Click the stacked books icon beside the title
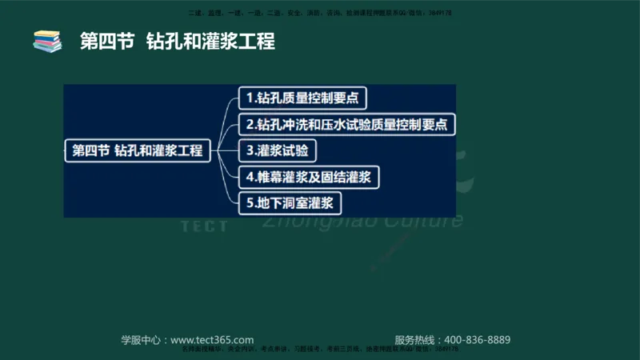point(47,41)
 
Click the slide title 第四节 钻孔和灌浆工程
point(177,42)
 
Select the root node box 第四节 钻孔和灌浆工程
point(137,150)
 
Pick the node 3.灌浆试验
point(278,150)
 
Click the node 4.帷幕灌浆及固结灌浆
point(307,176)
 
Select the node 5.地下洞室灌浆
point(289,202)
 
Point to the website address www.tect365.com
point(212,339)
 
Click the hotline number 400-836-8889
point(477,339)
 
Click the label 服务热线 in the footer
point(415,339)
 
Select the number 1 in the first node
point(250,99)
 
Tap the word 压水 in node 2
point(351,125)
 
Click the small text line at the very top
point(320,14)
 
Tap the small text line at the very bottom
point(320,350)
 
